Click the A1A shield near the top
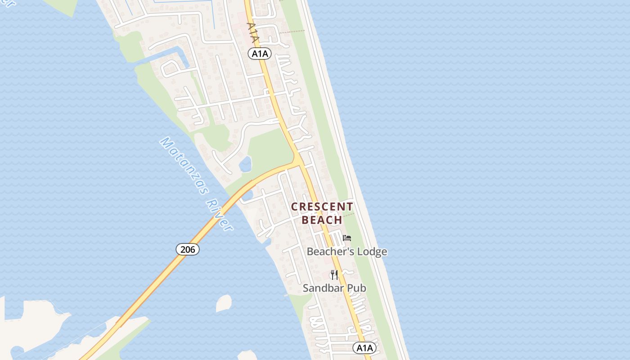point(260,54)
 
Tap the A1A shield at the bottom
point(364,347)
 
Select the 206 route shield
point(187,249)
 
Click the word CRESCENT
point(322,207)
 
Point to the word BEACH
point(322,220)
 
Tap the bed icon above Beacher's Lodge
point(346,238)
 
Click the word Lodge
point(370,252)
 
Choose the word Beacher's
point(328,252)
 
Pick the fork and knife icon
point(334,274)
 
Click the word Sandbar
point(321,288)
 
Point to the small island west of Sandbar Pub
point(224,303)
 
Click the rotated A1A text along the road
point(253,32)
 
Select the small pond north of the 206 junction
point(245,165)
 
